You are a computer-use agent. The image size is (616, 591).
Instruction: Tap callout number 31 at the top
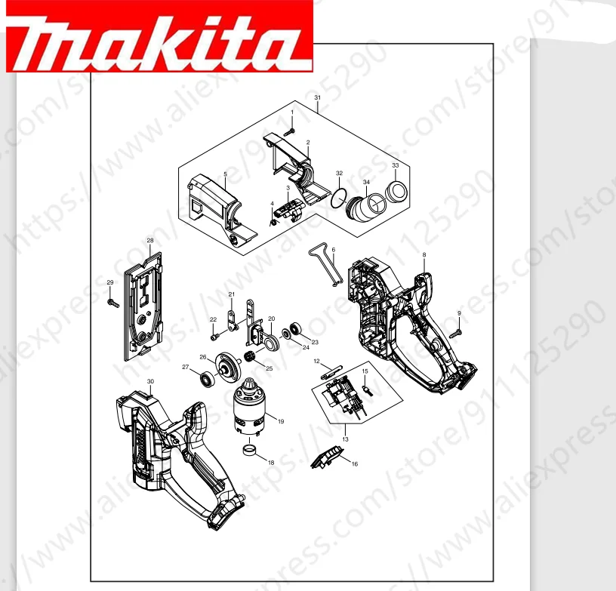click(x=317, y=99)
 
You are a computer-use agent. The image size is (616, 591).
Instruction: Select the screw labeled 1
click(x=288, y=131)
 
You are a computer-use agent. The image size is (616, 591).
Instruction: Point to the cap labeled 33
click(x=396, y=191)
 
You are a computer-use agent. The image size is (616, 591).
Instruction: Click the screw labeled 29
click(x=114, y=303)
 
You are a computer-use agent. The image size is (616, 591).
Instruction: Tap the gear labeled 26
click(x=225, y=367)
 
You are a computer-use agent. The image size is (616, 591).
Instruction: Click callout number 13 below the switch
click(x=345, y=439)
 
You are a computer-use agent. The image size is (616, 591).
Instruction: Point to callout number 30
click(x=150, y=382)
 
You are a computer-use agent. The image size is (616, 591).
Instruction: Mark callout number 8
click(x=424, y=254)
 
